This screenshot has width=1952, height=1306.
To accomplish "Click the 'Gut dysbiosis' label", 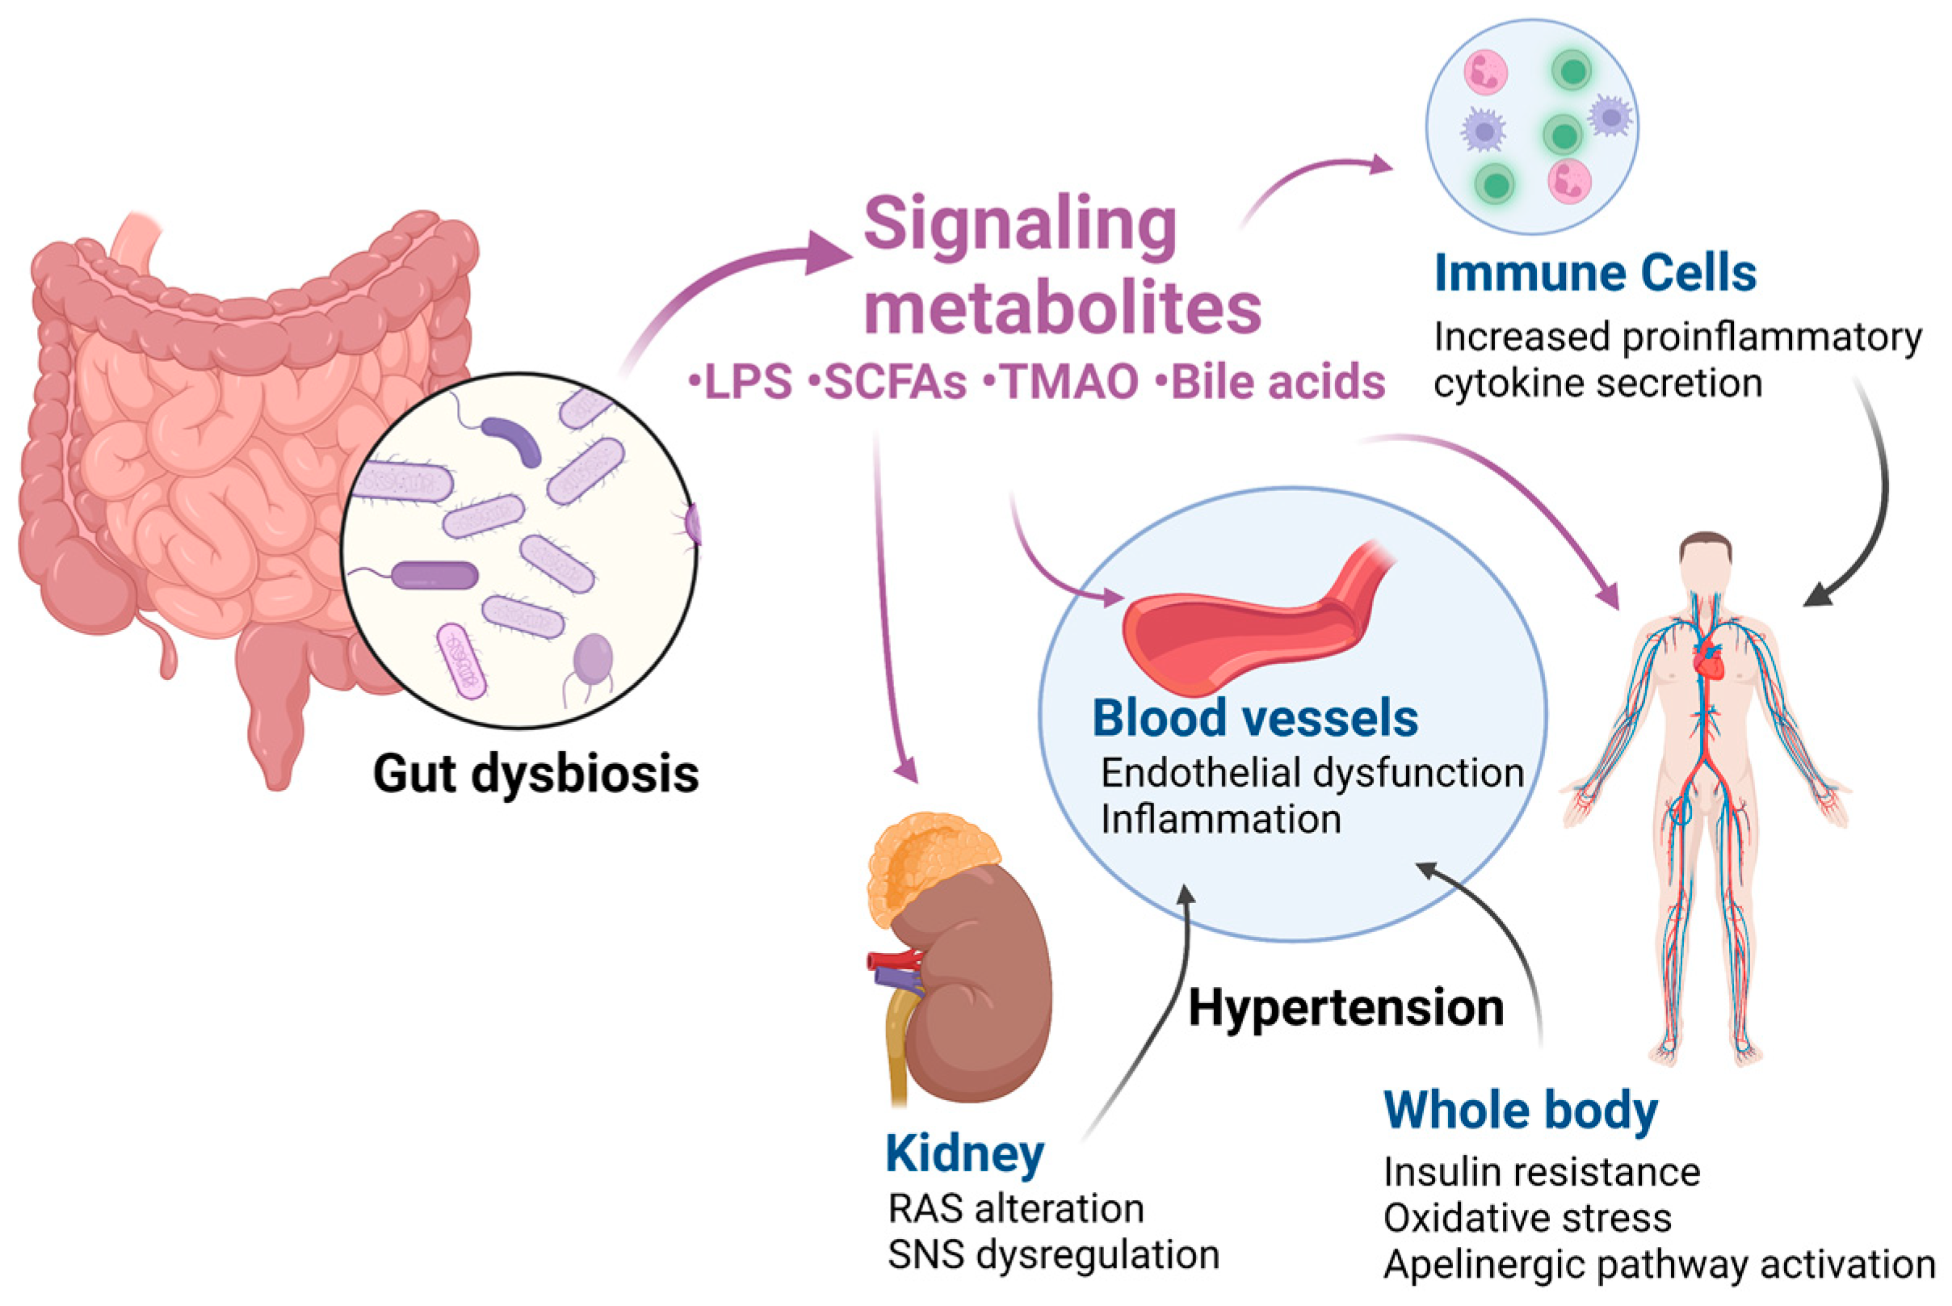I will [x=535, y=774].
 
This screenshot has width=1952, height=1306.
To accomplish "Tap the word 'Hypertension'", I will [x=1345, y=1009].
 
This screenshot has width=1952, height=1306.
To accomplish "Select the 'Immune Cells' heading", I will [x=1595, y=272].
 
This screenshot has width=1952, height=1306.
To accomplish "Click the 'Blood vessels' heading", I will [x=1254, y=718].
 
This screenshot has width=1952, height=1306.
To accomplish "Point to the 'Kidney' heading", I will [x=964, y=1153].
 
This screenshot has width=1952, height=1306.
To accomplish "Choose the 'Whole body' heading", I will [x=1521, y=1111].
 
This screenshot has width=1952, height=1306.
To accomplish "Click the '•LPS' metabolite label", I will [x=740, y=382].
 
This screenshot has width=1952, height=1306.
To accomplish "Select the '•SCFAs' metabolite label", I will [x=888, y=382].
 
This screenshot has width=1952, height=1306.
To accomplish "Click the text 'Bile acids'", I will [x=1278, y=382].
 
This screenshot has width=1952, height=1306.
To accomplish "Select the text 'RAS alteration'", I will [x=1016, y=1208].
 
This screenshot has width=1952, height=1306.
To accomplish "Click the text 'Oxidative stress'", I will [x=1527, y=1218].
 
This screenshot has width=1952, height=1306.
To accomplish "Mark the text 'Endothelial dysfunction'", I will [x=1312, y=773].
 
